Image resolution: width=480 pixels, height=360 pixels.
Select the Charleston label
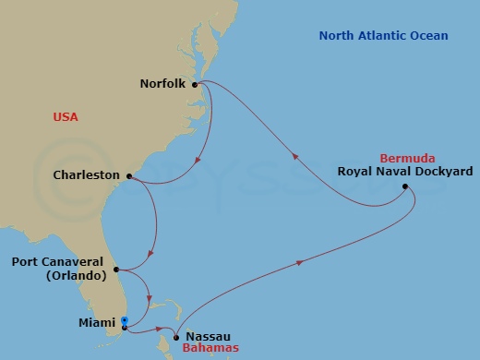tap(88, 174)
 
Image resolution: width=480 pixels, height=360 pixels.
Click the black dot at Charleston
tap(128, 175)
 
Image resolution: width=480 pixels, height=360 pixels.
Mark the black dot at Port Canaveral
tap(116, 270)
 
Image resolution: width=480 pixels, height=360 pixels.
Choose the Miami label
tap(99, 324)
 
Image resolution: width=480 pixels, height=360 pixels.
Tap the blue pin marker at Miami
tap(124, 321)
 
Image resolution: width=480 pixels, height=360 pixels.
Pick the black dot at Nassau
tap(174, 337)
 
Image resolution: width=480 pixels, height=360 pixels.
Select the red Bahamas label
tap(209, 349)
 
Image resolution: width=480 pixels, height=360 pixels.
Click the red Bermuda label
tap(411, 158)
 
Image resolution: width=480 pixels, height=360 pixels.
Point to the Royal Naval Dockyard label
tap(405, 172)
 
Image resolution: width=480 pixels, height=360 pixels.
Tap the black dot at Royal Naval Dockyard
tap(405, 186)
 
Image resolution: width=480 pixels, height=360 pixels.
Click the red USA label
tap(66, 117)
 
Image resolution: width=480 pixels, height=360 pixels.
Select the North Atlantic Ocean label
tap(383, 36)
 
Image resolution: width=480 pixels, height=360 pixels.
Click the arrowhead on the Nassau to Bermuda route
tap(301, 263)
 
